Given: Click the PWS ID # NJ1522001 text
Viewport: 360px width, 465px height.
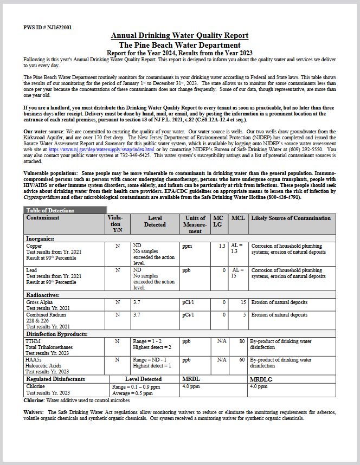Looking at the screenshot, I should click(x=48, y=27).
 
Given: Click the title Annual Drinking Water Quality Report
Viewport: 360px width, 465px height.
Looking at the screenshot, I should click(x=179, y=36).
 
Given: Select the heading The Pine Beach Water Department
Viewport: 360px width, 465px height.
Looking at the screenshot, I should click(x=179, y=45).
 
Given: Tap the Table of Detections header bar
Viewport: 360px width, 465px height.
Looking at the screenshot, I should click(x=66, y=210).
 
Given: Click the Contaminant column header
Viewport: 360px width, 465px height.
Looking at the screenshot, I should click(x=43, y=218).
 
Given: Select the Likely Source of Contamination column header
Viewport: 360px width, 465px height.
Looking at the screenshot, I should click(x=291, y=218).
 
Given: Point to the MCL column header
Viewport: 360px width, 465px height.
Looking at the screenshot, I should click(x=238, y=218).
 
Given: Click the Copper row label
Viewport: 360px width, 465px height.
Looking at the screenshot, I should click(x=34, y=246).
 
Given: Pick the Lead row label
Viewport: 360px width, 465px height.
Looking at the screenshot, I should click(x=32, y=270).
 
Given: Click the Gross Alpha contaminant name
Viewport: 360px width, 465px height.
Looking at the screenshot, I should click(x=40, y=302).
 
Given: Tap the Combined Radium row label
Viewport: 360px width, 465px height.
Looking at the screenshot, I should click(x=46, y=314).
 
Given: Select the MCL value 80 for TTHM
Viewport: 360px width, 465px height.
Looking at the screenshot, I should click(x=242, y=341).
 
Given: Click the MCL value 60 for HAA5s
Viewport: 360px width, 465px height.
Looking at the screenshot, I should click(x=242, y=360).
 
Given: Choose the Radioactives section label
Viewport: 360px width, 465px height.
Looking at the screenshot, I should click(x=43, y=295).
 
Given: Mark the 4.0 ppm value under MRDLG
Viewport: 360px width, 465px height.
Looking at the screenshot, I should click(x=259, y=386).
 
